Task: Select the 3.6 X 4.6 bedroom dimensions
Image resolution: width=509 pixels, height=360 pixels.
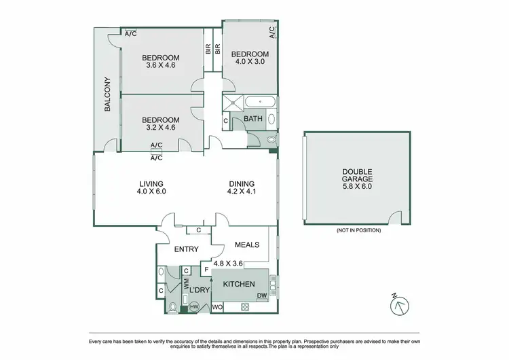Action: point(160,66)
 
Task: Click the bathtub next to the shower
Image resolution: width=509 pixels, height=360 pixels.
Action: point(261,103)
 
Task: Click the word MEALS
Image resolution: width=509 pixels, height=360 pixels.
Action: point(247,245)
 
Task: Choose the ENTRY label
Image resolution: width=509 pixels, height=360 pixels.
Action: point(186,249)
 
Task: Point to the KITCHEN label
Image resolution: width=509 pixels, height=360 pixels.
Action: point(239,284)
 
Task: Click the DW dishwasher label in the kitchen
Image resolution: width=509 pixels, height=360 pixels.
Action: point(261,295)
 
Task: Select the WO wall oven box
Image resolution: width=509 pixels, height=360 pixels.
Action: point(217,308)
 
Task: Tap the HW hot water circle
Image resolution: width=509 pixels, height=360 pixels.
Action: point(194,307)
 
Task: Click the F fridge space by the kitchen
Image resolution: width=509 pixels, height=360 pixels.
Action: point(206,270)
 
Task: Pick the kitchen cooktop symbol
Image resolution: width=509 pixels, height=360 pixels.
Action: point(245,308)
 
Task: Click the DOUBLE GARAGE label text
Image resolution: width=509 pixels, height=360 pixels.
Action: point(357,179)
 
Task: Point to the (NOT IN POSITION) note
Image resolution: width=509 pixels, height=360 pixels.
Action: point(358,230)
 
